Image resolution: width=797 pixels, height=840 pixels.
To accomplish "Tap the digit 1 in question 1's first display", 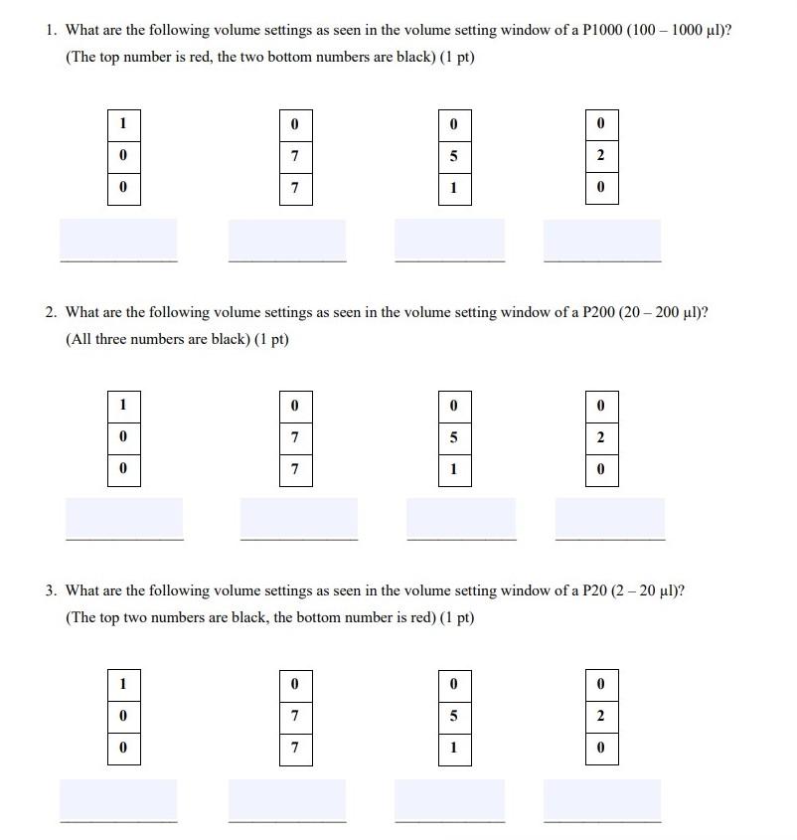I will click(x=123, y=124).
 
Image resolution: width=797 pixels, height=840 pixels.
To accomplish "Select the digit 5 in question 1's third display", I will click(x=454, y=156).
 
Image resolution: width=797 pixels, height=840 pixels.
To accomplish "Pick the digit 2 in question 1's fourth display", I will click(x=601, y=156).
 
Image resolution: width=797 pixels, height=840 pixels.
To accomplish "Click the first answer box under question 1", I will click(x=119, y=240).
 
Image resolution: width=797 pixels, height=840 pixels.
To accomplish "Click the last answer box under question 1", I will click(x=601, y=240).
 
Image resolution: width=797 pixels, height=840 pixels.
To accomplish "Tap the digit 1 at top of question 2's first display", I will click(x=123, y=406).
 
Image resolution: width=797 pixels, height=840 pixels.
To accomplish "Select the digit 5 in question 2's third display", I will click(x=454, y=437).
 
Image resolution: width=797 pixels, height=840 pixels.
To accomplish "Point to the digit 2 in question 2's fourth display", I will click(x=601, y=437).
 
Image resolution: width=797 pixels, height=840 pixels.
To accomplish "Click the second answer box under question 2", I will click(x=298, y=518).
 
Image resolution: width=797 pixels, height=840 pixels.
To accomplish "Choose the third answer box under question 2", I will click(x=461, y=518).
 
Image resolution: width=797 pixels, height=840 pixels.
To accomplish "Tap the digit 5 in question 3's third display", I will click(x=454, y=716).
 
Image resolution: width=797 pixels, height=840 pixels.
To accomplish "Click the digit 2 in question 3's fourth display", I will click(x=601, y=716).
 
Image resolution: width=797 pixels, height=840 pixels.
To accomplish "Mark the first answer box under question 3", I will click(x=119, y=799).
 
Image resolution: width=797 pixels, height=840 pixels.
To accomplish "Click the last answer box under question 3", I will click(x=601, y=799).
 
